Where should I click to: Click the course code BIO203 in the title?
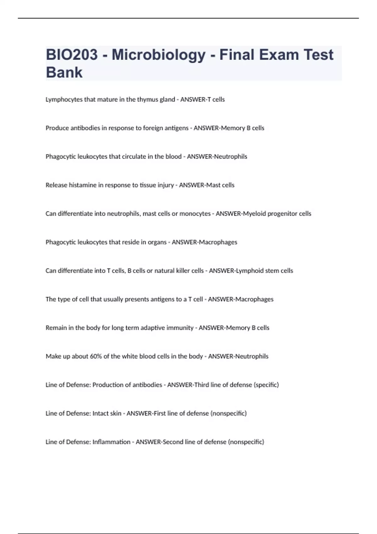(x=72, y=55)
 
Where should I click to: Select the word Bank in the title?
(x=64, y=72)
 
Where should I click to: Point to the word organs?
(x=157, y=242)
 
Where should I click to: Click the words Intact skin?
(x=107, y=413)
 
